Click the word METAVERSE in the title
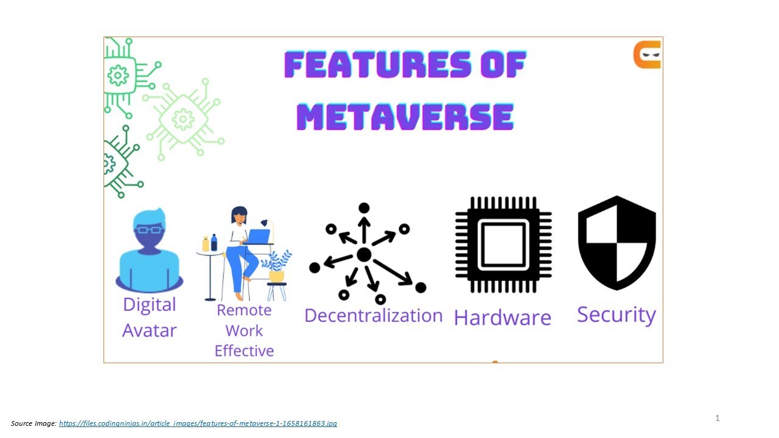click(x=405, y=116)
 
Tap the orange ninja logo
click(x=647, y=55)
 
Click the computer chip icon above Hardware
click(x=503, y=245)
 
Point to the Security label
click(x=616, y=315)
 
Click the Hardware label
click(x=503, y=318)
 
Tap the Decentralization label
click(x=373, y=315)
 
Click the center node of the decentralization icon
click(x=364, y=255)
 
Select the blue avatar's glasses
click(x=149, y=229)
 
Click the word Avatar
click(x=149, y=330)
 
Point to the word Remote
click(x=244, y=310)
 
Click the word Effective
click(x=244, y=351)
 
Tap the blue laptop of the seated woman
click(x=259, y=236)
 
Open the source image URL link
click(x=198, y=423)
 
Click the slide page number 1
click(x=718, y=418)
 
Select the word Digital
click(x=149, y=305)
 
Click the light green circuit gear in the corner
click(x=183, y=119)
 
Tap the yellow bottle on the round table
click(x=206, y=244)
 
